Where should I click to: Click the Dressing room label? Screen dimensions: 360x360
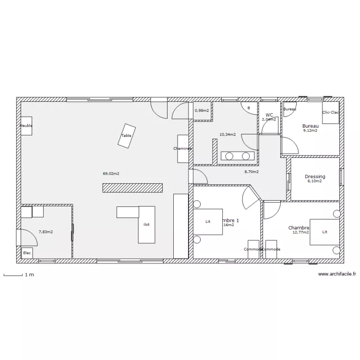315,177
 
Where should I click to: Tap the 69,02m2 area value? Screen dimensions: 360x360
111,173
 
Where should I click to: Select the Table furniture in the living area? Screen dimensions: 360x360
126,135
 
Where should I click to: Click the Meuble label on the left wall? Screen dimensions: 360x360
25,126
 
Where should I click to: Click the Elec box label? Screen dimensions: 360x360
26,253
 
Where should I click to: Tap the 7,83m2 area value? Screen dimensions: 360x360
46,232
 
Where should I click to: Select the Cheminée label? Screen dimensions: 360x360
182,149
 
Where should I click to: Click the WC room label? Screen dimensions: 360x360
269,115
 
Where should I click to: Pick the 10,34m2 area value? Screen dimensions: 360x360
228,135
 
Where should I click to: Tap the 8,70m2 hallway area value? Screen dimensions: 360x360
252,171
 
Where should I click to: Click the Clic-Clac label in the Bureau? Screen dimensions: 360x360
331,112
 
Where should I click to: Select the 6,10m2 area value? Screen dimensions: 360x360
314,181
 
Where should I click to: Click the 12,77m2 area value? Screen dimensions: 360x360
301,232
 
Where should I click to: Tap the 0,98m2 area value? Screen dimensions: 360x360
202,110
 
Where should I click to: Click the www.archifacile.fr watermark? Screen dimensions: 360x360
337,274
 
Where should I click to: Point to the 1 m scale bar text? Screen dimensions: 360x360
29,275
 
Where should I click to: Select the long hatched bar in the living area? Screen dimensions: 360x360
132,188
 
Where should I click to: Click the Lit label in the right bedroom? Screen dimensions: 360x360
325,232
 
